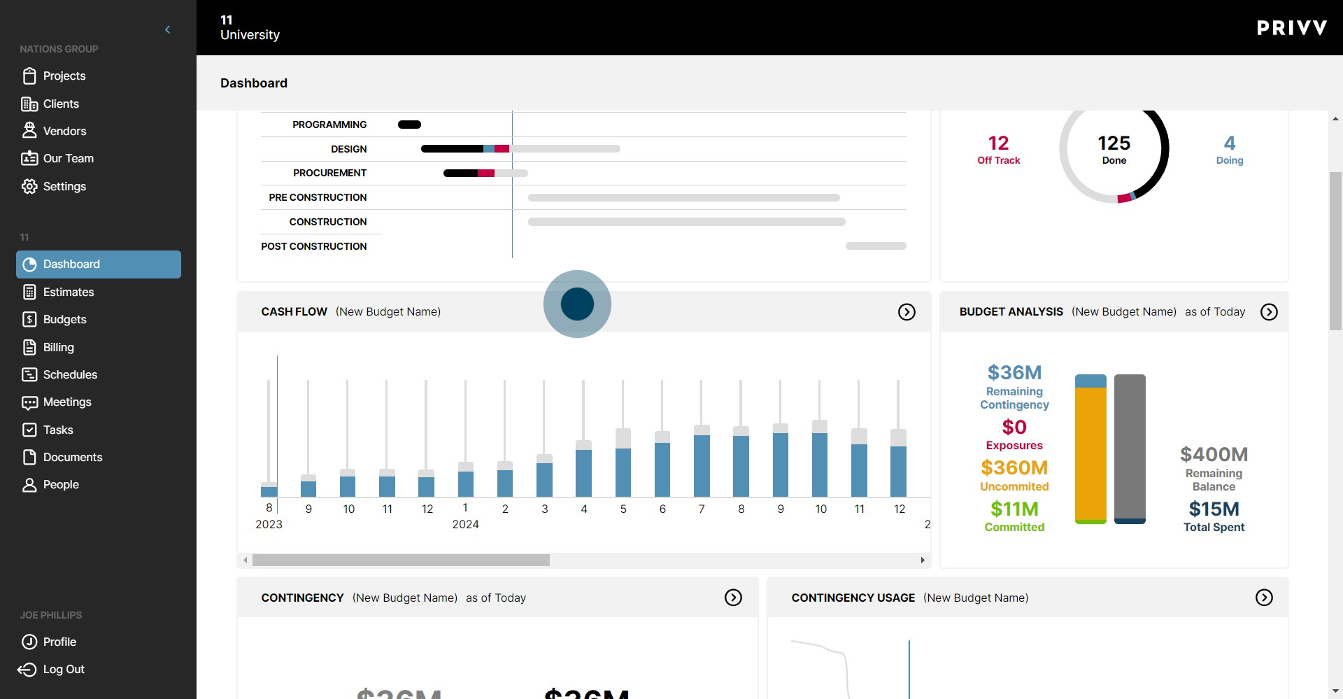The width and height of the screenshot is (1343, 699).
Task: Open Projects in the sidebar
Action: (64, 76)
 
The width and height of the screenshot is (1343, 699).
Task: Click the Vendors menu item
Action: (64, 131)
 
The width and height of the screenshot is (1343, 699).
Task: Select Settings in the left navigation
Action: (64, 186)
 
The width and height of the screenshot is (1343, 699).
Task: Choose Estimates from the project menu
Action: (68, 292)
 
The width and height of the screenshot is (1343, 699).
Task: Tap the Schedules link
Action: (70, 374)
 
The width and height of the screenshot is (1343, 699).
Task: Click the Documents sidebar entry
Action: (72, 457)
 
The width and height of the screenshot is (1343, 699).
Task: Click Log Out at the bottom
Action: (63, 669)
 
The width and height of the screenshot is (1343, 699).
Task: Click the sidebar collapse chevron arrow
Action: (167, 29)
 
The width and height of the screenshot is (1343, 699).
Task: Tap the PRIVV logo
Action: (1291, 28)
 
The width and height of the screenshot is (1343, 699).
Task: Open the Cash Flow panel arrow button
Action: (907, 312)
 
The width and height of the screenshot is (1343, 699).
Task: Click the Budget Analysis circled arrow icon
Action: (1269, 312)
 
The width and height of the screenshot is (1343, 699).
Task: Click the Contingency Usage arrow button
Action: (1264, 598)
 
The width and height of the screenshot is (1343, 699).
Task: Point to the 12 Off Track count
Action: (998, 143)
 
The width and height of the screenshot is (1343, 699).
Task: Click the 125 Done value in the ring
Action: (1114, 143)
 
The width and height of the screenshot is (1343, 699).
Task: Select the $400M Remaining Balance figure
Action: (1214, 455)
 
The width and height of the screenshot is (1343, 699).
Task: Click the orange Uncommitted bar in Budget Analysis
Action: (1090, 455)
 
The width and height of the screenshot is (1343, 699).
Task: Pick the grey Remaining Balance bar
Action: (1130, 448)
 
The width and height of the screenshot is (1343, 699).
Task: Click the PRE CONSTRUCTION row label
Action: (318, 197)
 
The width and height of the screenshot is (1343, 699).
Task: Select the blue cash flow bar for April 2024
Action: (583, 472)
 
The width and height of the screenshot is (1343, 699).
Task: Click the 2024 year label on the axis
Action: (465, 524)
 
